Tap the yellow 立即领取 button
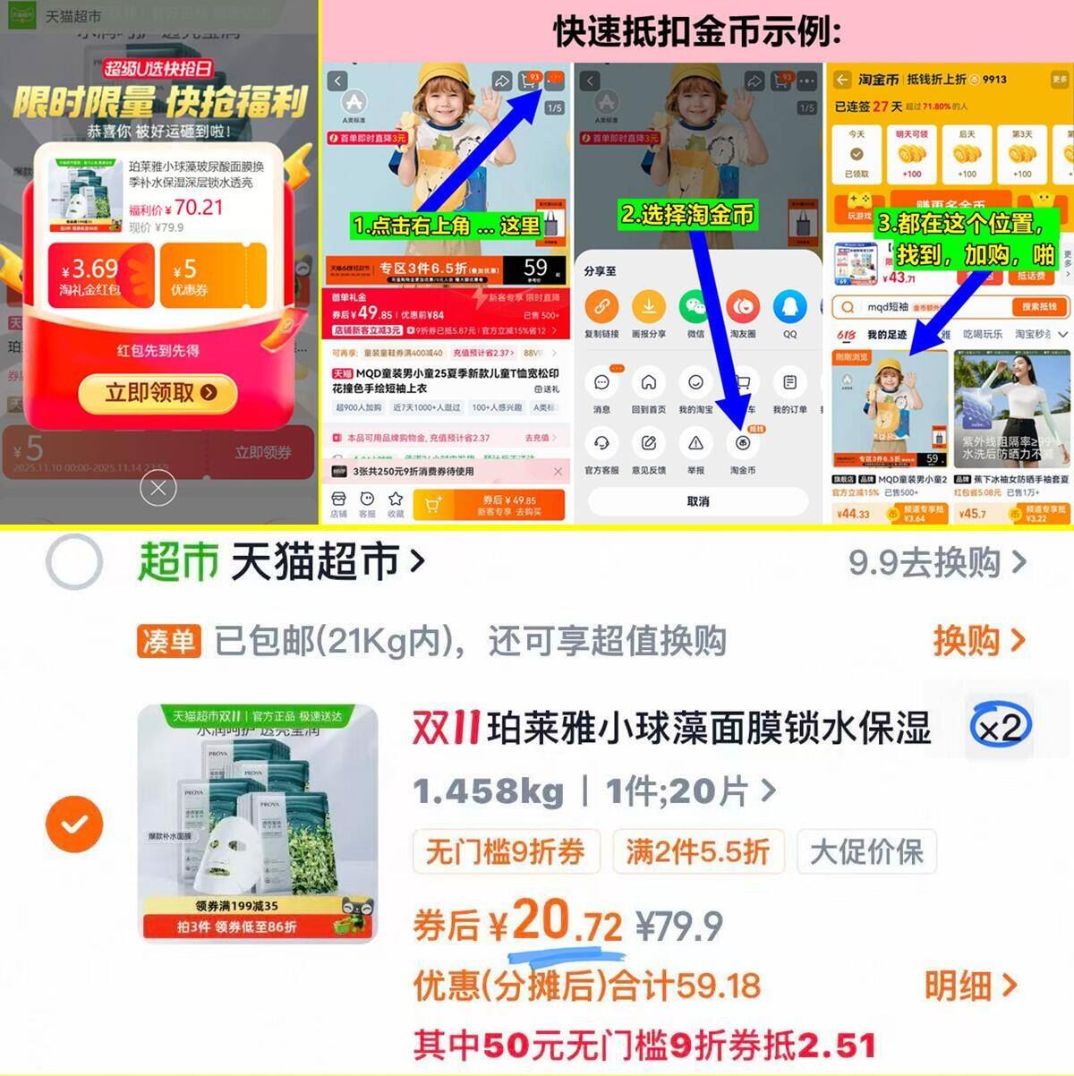158,392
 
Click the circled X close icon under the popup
158,489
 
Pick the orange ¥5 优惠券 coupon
212,276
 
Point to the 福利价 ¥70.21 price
176,208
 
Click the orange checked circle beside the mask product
74,823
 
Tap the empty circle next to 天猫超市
74,562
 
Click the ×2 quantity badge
1001,727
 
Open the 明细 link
970,986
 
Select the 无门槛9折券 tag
506,851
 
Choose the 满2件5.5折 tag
697,851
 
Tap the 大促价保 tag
865,851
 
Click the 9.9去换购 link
936,562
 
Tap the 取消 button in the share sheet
698,501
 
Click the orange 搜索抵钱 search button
1039,306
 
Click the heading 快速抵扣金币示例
697,31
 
